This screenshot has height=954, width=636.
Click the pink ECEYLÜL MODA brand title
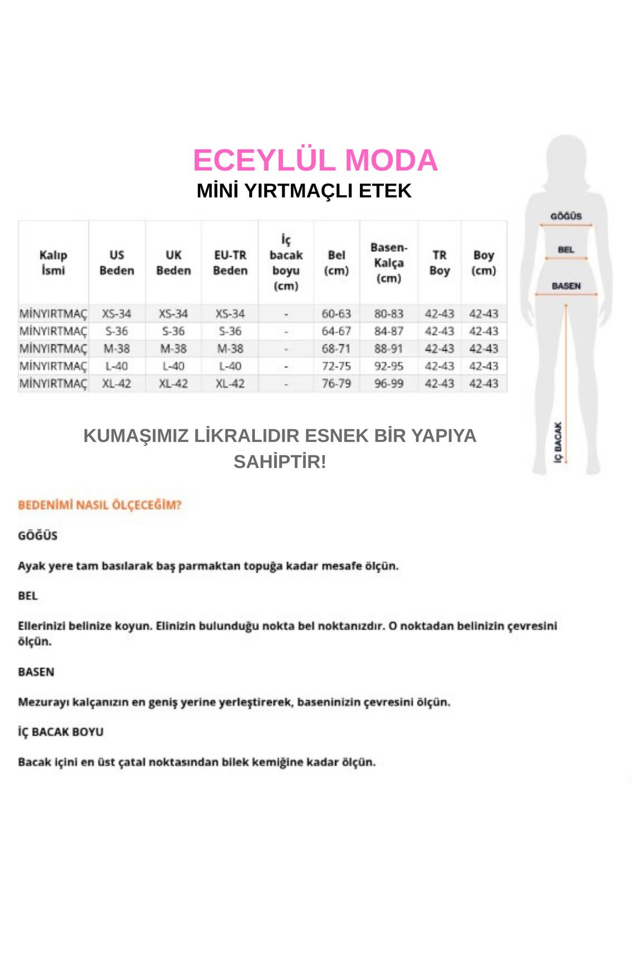pos(315,161)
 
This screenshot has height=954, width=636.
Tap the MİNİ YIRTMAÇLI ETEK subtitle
pos(304,191)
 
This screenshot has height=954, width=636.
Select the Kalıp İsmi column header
pos(53,263)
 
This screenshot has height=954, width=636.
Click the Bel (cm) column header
pos(336,263)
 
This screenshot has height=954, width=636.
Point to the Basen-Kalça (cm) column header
pos(388,263)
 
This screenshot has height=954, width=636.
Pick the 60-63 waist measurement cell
pos(336,314)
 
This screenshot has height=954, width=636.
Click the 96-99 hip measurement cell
pos(388,383)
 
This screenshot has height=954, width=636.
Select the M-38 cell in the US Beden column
pos(117,349)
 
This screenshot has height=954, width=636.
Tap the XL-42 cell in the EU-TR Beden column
pos(230,383)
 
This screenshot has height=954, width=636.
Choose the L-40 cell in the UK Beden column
pos(173,366)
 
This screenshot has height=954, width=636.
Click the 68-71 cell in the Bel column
pos(336,349)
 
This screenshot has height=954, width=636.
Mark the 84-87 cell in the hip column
pos(388,331)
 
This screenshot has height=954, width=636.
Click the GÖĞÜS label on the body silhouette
pos(566,216)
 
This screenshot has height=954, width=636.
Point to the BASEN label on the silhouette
pos(566,286)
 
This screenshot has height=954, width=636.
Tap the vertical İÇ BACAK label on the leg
pos(558,442)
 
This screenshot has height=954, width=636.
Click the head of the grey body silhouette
pos(567,159)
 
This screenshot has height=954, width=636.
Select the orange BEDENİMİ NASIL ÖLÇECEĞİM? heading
pos(100,505)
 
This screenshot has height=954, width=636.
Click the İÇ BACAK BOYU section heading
pos(60,732)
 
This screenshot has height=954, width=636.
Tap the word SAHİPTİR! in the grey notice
pos(280,462)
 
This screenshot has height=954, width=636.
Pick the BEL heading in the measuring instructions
pos(28,596)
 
